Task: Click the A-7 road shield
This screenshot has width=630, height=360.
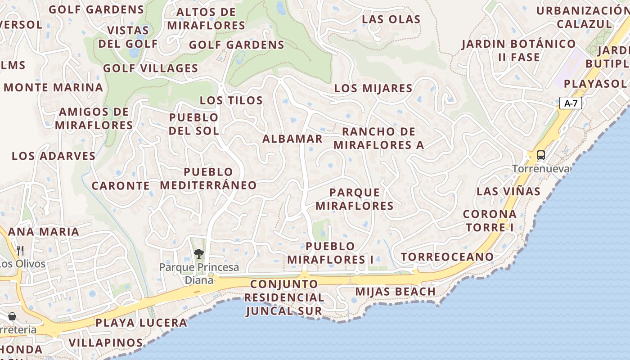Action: tap(571, 103)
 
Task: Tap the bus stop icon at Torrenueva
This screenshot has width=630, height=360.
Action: tap(540, 155)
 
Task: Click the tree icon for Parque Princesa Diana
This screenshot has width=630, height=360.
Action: tap(198, 254)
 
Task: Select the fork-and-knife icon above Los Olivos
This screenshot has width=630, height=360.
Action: tap(20, 250)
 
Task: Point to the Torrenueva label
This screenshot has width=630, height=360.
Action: tap(540, 169)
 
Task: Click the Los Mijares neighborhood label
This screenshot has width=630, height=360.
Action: tap(373, 88)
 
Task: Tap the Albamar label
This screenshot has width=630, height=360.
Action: tap(292, 139)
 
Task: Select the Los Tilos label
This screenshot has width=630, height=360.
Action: tap(231, 100)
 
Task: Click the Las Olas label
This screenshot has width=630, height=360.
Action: tap(391, 19)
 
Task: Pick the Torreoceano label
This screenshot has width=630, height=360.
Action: tap(447, 257)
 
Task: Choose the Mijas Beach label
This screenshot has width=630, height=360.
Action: tap(395, 292)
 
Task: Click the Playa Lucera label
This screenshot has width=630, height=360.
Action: tap(141, 323)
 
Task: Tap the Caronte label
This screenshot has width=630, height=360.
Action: tap(121, 185)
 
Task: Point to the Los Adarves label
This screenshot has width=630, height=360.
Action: tap(54, 156)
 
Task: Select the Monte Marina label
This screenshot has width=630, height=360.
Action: tap(54, 87)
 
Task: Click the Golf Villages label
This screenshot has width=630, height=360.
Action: tap(150, 68)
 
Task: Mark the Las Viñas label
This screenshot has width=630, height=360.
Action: tap(508, 191)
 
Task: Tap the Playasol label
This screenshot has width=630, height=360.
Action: tap(595, 84)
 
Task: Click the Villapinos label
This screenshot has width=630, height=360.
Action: tap(106, 342)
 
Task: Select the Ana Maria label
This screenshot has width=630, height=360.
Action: tap(44, 232)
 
